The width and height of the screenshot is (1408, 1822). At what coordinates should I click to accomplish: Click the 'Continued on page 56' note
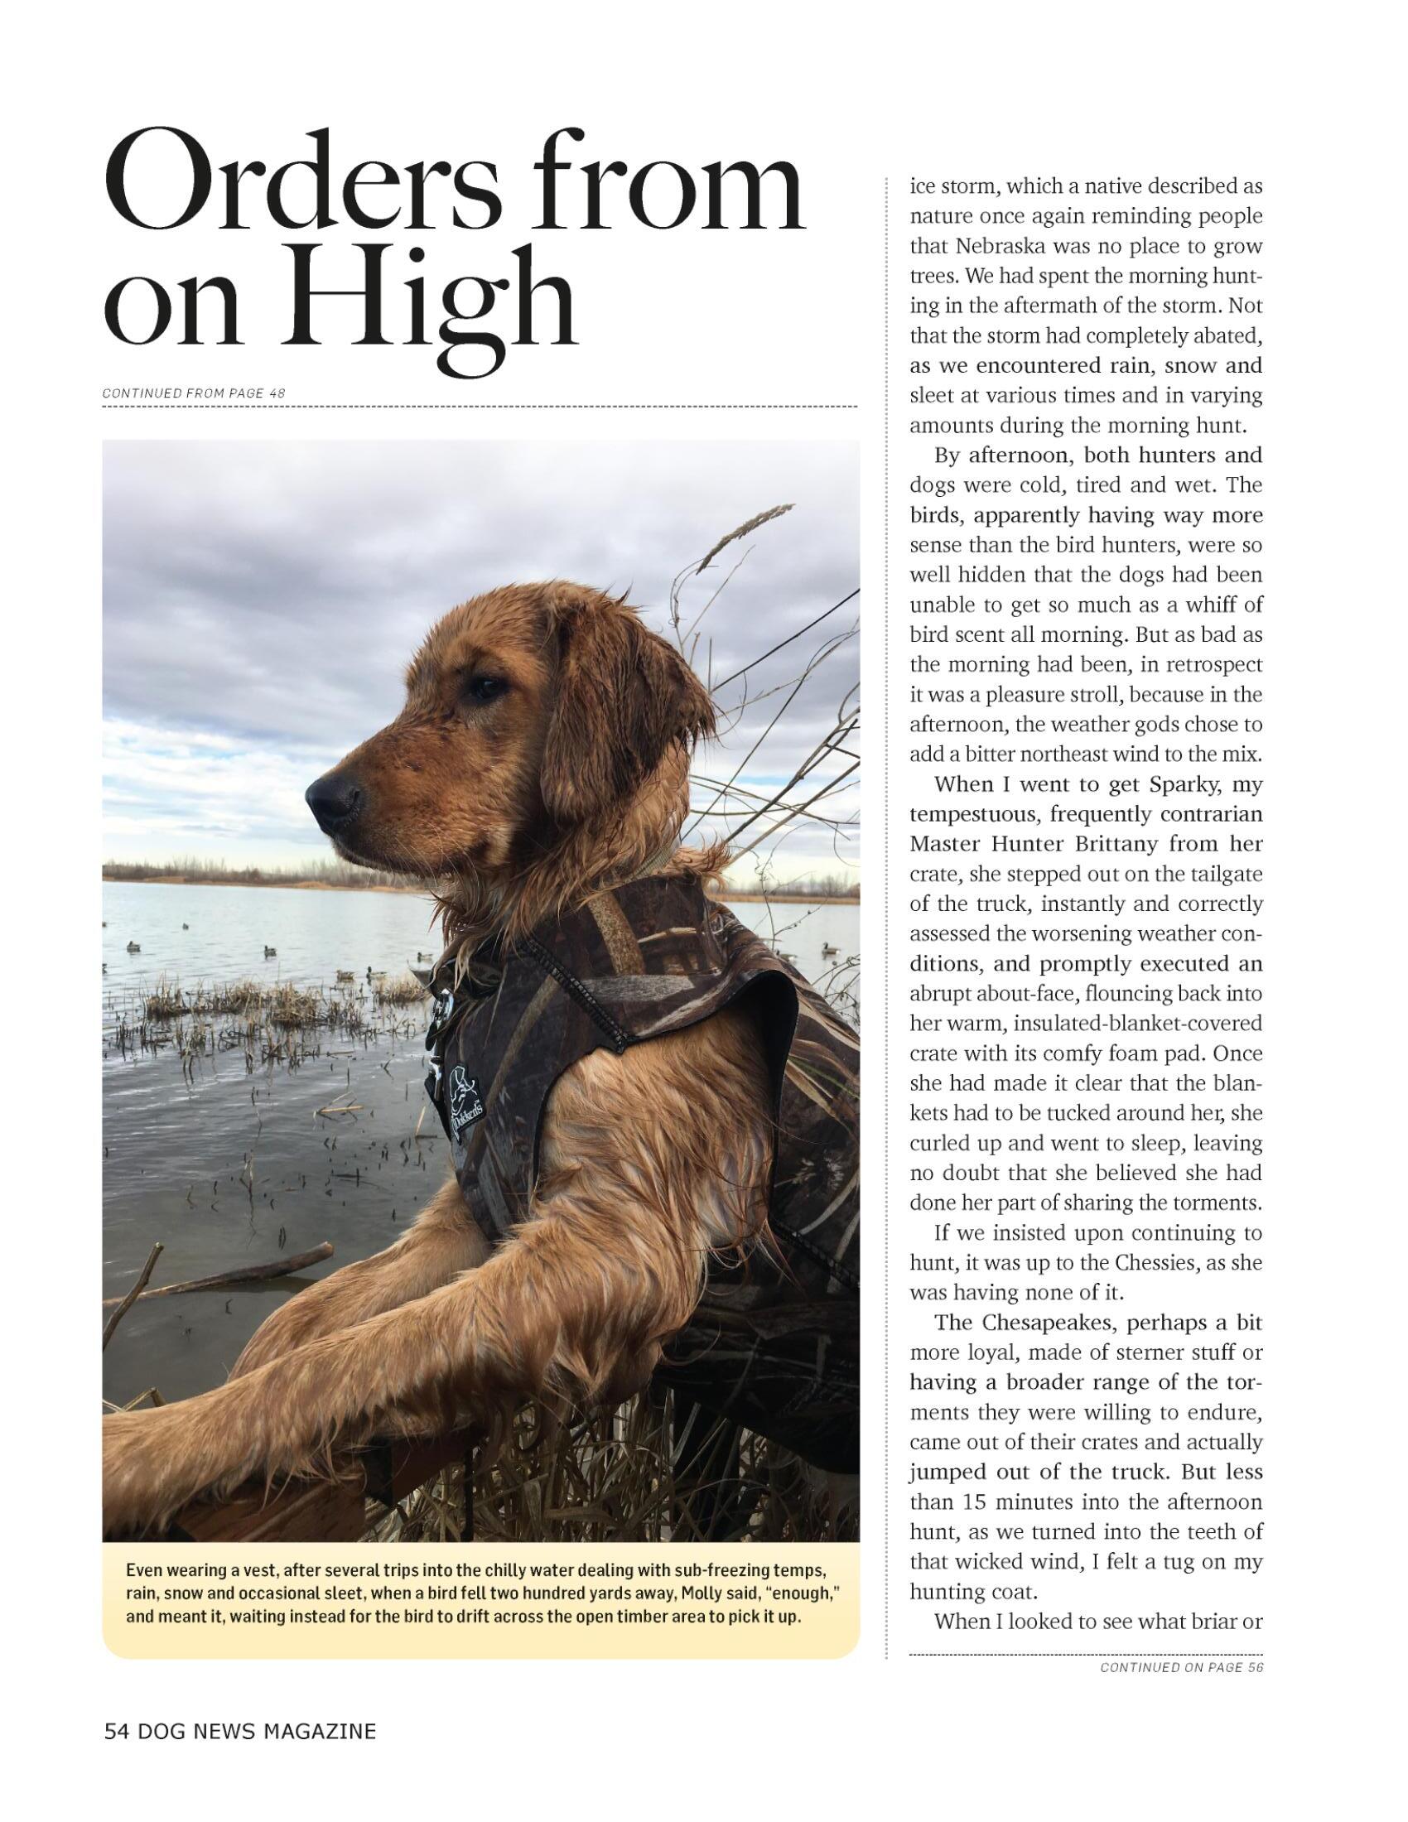[x=1181, y=1667]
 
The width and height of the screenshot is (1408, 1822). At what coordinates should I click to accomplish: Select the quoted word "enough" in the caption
[x=800, y=1593]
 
